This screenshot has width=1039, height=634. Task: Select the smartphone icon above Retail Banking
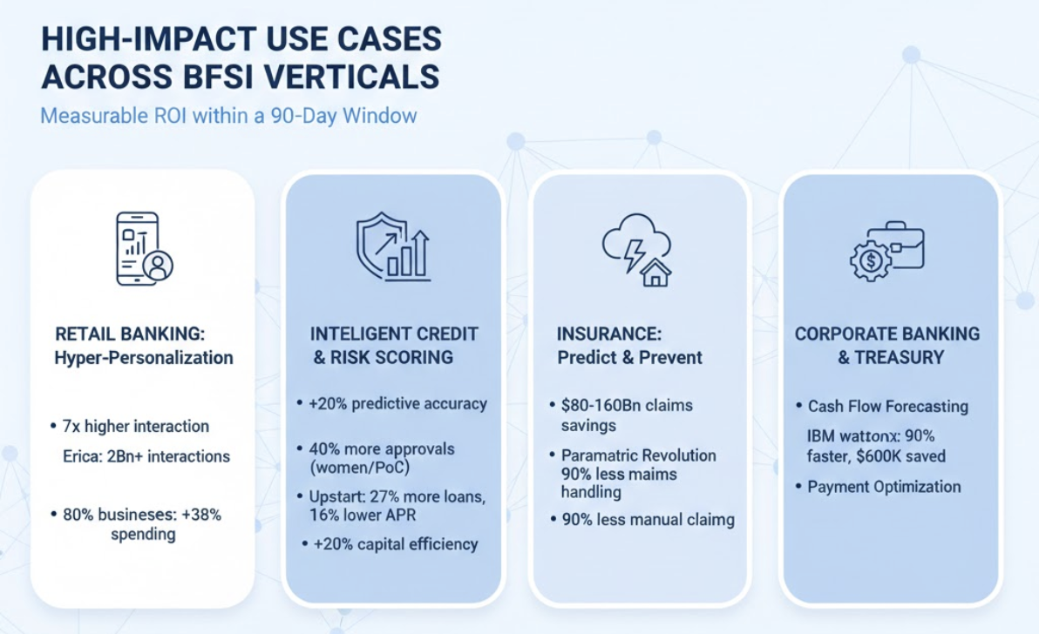pyautogui.click(x=144, y=249)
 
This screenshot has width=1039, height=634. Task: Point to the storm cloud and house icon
pyautogui.click(x=637, y=249)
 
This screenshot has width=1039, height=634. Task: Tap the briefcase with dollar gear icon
pyautogui.click(x=887, y=251)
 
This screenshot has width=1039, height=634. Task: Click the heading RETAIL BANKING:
pyautogui.click(x=130, y=334)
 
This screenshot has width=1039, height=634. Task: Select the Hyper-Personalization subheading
pyautogui.click(x=144, y=358)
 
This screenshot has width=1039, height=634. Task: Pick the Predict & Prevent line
pyautogui.click(x=629, y=358)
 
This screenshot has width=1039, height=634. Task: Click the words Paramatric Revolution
pyautogui.click(x=639, y=455)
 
